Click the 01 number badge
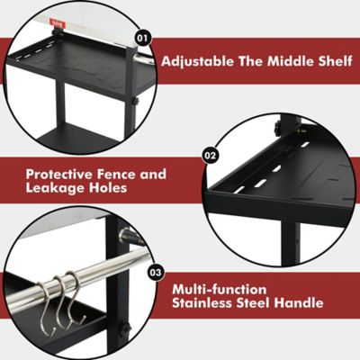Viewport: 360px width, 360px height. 141,38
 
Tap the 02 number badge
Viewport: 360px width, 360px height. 211,155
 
